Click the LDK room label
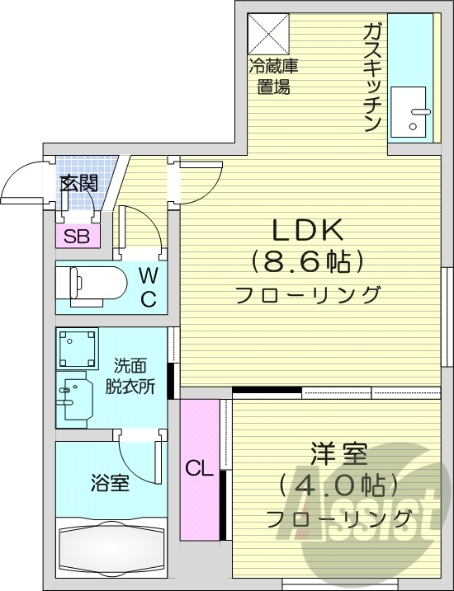pyautogui.click(x=307, y=229)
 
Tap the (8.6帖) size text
pyautogui.click(x=307, y=262)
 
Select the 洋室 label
pyautogui.click(x=338, y=453)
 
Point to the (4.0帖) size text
pyautogui.click(x=338, y=485)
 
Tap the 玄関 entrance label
pyautogui.click(x=78, y=184)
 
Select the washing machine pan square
pyautogui.click(x=78, y=349)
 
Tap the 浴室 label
pyautogui.click(x=110, y=483)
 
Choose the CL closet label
pyautogui.click(x=198, y=470)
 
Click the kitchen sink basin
pyautogui.click(x=410, y=113)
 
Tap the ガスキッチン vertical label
pyautogui.click(x=371, y=78)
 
